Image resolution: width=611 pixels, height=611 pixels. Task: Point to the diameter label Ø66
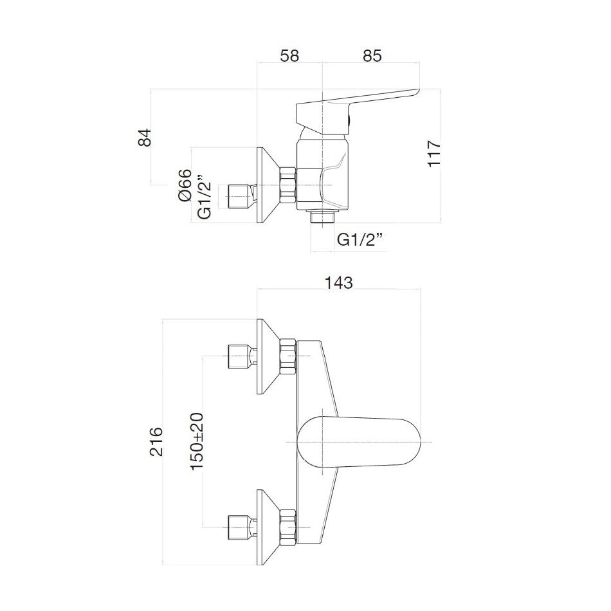point(185,186)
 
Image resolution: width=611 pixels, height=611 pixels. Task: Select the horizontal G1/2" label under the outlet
point(360,240)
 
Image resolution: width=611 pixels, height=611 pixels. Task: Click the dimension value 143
point(339,282)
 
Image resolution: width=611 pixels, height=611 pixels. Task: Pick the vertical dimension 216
point(157,441)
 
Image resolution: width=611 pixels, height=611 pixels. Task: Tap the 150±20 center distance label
point(197,441)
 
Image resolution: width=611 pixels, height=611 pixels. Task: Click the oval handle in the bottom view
point(360,442)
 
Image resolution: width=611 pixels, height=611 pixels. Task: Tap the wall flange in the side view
point(266,186)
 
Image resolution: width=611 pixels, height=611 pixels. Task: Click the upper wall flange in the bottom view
point(266,357)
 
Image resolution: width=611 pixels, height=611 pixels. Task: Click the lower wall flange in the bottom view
point(266,527)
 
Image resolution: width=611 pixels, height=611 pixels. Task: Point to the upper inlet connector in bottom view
point(241,357)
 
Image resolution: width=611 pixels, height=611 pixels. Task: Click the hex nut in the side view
point(287,186)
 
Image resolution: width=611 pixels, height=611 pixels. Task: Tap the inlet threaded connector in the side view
point(241,196)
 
